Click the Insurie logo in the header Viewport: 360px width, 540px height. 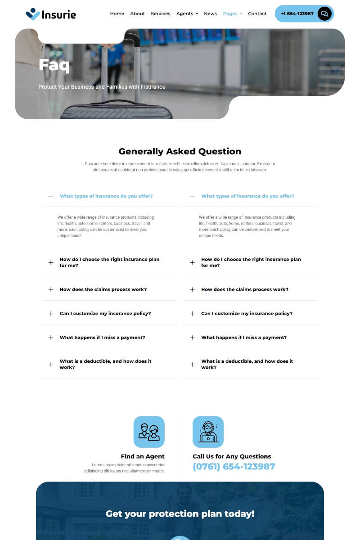tap(51, 14)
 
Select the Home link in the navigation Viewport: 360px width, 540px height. tap(117, 13)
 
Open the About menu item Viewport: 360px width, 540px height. tap(137, 13)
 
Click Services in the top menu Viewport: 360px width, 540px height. tap(160, 13)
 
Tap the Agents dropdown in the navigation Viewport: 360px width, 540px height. tap(187, 13)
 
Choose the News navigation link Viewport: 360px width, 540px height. tap(210, 13)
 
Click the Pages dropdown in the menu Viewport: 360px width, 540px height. tap(232, 13)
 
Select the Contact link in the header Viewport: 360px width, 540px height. tap(257, 13)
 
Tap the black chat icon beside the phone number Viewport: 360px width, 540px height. tap(324, 13)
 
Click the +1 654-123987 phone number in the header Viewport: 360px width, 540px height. tap(297, 13)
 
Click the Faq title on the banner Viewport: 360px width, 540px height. tap(54, 65)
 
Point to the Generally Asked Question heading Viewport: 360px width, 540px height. tap(180, 151)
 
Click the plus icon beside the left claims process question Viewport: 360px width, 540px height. tap(51, 289)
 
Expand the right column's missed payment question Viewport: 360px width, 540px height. tap(243, 337)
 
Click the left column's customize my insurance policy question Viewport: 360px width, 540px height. tap(105, 314)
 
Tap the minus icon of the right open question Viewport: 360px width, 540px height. tap(193, 196)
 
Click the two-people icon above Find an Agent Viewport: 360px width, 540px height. tap(149, 432)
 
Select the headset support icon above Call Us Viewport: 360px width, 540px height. tap(208, 432)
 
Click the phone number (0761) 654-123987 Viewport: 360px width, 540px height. tap(234, 467)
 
